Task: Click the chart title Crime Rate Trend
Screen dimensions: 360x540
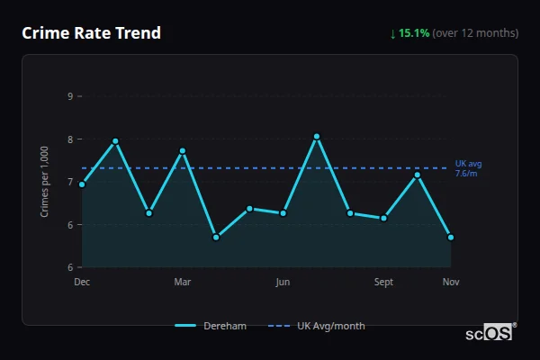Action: [91, 33]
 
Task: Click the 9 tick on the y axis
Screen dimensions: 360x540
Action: [70, 96]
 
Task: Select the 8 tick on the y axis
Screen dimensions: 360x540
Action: [70, 139]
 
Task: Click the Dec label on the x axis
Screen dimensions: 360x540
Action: [82, 282]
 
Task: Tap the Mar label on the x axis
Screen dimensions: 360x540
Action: [182, 282]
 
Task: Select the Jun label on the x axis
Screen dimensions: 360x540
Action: [283, 282]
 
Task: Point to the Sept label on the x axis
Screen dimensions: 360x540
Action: [383, 282]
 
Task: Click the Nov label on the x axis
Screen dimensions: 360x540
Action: [451, 282]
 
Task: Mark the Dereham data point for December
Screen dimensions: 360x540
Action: [82, 184]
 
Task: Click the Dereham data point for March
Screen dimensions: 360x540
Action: [182, 151]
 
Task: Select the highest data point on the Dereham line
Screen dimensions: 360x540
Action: [317, 137]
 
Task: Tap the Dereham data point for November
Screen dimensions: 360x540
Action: [451, 238]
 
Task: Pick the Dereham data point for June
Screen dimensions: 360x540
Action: [283, 213]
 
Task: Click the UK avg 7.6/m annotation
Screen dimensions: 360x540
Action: [468, 168]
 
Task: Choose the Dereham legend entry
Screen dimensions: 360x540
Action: [211, 326]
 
